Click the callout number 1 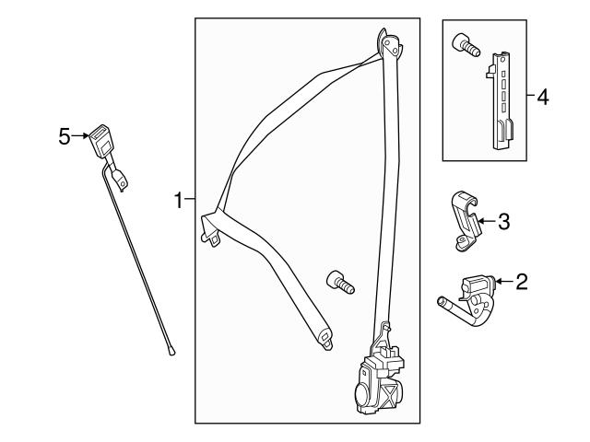178,200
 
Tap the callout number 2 522,282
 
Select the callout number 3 504,221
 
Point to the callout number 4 543,97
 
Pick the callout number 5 65,136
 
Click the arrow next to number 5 80,135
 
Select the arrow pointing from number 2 504,281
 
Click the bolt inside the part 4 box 466,45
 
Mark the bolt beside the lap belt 340,283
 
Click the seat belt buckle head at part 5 100,141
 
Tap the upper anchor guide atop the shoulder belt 390,43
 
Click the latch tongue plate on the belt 211,229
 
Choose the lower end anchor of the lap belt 324,338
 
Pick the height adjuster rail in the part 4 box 501,100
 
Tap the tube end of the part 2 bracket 441,301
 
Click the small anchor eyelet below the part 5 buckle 121,180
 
